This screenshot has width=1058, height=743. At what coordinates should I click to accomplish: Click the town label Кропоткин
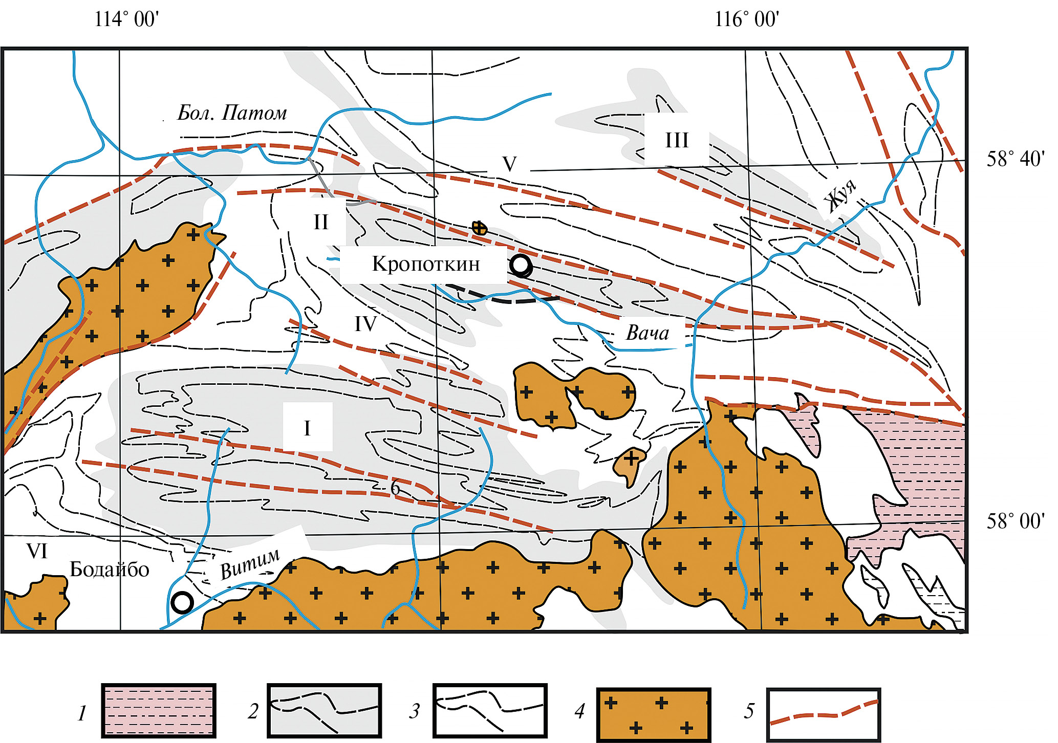tap(426, 264)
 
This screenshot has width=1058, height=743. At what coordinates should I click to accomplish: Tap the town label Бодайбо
tap(110, 569)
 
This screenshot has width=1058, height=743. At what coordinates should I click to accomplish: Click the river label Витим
tap(250, 563)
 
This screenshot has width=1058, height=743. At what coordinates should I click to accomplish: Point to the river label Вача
tap(647, 333)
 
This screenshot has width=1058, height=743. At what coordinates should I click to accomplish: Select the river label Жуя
tap(841, 195)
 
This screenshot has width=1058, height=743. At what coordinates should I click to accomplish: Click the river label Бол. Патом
tap(232, 113)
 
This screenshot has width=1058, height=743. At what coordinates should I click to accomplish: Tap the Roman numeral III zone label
tap(677, 140)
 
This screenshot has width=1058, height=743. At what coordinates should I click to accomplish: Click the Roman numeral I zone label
tap(307, 428)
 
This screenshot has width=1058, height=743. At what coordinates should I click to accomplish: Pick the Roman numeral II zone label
tap(321, 222)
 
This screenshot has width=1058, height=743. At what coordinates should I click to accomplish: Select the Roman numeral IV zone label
tap(365, 324)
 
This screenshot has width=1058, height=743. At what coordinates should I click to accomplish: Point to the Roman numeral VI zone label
tap(37, 551)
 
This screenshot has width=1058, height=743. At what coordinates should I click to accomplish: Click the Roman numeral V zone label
tap(509, 164)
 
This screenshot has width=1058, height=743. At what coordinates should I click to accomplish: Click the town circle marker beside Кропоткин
tap(521, 266)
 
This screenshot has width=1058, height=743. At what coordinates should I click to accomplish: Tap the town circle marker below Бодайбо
tap(182, 603)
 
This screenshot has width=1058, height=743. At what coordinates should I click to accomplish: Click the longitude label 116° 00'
tap(747, 19)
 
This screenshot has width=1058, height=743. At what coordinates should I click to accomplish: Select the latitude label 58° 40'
tap(1016, 159)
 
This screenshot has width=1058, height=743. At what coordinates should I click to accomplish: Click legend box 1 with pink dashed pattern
tap(159, 711)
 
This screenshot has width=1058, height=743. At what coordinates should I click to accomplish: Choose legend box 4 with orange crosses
tap(654, 714)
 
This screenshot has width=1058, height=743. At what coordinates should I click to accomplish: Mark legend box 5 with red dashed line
tap(824, 714)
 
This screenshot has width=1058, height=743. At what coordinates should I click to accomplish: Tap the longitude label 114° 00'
tap(126, 19)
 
